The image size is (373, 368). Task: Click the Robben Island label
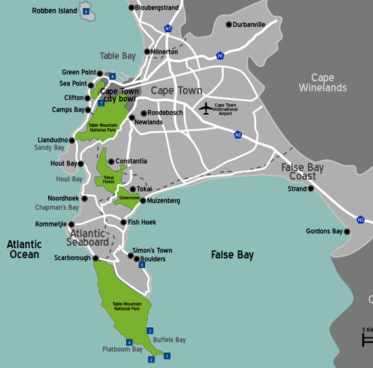[x=54, y=12]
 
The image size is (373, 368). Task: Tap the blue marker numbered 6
[x=85, y=12]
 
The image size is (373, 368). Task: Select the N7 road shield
[x=168, y=29]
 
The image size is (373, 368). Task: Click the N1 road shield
[x=220, y=56]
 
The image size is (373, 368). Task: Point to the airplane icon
[x=205, y=108]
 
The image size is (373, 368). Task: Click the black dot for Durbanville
[x=228, y=24]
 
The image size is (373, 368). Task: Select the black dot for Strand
[x=311, y=189]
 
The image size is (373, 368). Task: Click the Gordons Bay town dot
[x=347, y=232]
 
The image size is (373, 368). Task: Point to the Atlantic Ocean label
[x=24, y=249]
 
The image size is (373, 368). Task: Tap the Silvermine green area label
[x=129, y=198]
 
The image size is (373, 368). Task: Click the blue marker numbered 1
[x=168, y=355]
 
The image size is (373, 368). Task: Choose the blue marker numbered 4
[x=130, y=342]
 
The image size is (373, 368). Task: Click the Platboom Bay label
[x=123, y=350]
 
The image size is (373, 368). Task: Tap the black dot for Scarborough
[x=96, y=258]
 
